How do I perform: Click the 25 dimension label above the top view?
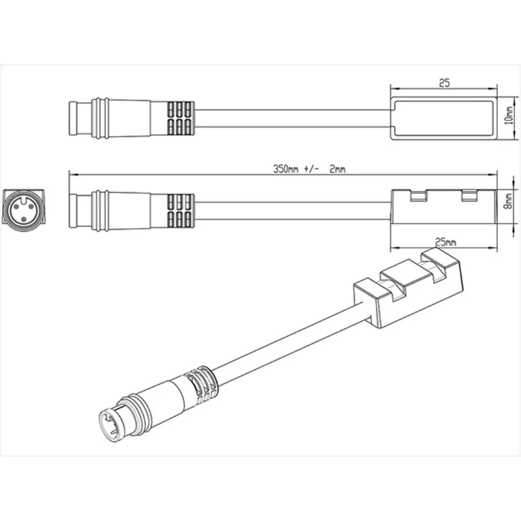click(445, 83)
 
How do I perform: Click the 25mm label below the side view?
click(445, 242)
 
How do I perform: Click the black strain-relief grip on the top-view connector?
click(179, 119)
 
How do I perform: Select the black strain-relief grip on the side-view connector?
click(179, 211)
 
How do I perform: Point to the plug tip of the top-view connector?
click(77, 119)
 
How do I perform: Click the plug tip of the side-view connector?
click(77, 211)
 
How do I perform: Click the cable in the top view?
click(293, 119)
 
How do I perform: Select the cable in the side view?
click(293, 211)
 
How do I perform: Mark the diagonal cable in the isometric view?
click(287, 348)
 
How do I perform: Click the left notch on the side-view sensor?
click(416, 195)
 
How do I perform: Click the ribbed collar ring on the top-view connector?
click(100, 119)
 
